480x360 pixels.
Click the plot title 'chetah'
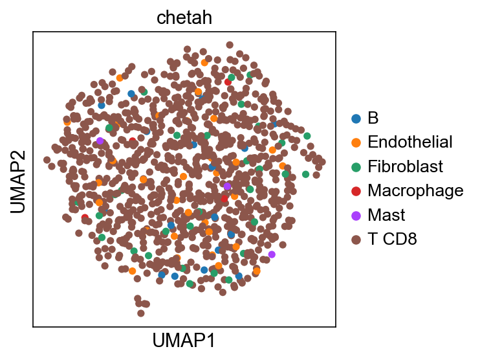[x=184, y=17]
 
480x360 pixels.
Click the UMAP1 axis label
[x=184, y=341]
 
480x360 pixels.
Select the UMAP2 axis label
[x=17, y=182]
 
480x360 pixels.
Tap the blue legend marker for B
[x=356, y=118]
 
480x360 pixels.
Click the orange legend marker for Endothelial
[x=356, y=142]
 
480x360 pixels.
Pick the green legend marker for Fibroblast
[x=356, y=166]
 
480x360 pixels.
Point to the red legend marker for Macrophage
[x=356, y=191]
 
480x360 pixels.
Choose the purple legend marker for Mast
[x=356, y=216]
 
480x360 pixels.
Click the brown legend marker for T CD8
[x=356, y=240]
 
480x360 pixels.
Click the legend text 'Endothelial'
[x=410, y=142]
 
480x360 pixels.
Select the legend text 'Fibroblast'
[x=406, y=166]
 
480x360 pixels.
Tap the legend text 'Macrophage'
[x=415, y=191]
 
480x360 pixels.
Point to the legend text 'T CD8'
[x=392, y=239]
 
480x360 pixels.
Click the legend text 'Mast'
[x=386, y=215]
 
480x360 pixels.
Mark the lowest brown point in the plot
[x=141, y=313]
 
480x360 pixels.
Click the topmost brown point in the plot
[x=230, y=45]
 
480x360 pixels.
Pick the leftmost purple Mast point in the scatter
[x=100, y=141]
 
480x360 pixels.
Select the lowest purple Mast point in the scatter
[x=272, y=254]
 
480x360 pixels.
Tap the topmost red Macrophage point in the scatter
[x=228, y=82]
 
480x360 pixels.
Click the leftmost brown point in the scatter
[x=47, y=160]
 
